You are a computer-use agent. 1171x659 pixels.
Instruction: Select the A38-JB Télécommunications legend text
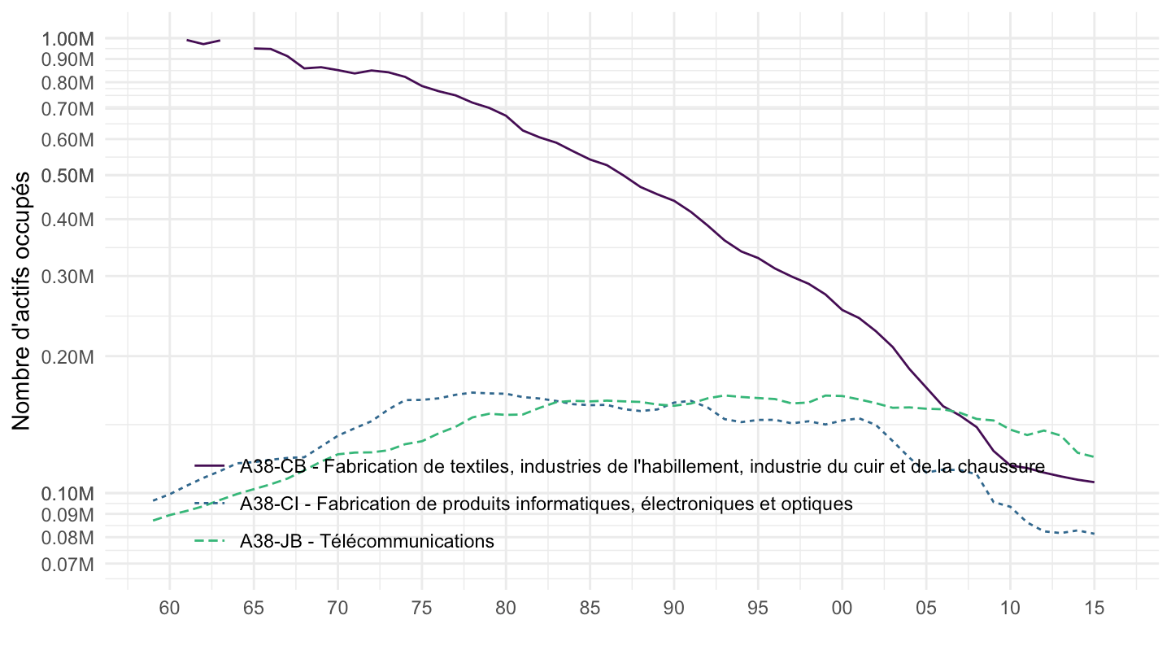[367, 541]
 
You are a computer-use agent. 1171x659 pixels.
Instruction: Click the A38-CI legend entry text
[546, 504]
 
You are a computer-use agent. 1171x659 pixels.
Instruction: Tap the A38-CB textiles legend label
[642, 465]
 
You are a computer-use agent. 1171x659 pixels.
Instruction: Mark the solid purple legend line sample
[211, 465]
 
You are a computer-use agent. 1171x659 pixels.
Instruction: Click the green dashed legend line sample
[211, 541]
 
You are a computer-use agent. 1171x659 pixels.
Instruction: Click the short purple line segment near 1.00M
[203, 41]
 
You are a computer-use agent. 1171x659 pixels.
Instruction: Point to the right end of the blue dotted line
[1094, 534]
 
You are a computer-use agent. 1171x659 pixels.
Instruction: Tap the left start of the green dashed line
[154, 520]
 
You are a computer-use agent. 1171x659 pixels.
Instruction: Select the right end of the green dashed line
[1094, 456]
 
